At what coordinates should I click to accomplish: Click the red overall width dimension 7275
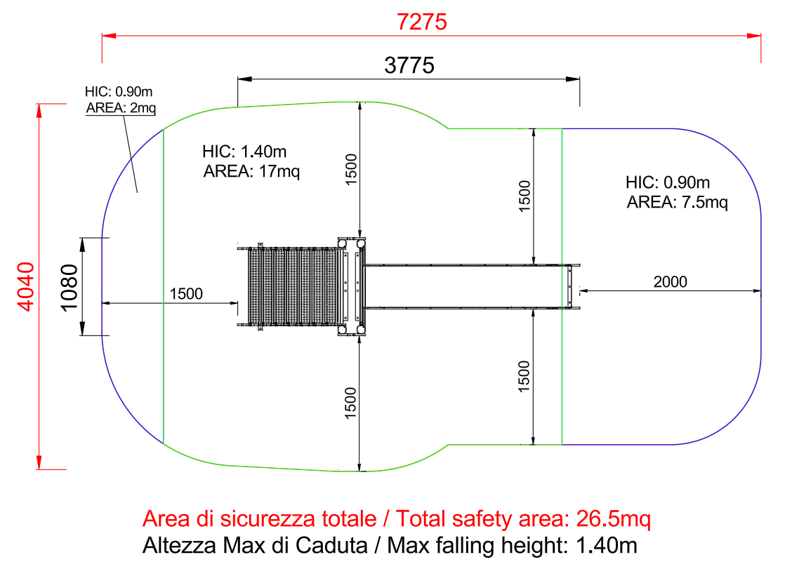click(x=421, y=22)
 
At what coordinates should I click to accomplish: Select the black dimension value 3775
click(x=409, y=65)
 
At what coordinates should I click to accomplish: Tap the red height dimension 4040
click(x=26, y=286)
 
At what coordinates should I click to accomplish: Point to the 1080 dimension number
click(x=69, y=287)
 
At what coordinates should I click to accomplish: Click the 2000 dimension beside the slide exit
click(x=670, y=282)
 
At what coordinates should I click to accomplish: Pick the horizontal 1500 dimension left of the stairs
click(x=186, y=294)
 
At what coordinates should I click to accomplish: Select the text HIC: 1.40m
click(x=244, y=151)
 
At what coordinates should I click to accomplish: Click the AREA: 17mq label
click(x=251, y=171)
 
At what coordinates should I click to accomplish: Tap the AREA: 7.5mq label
click(x=677, y=202)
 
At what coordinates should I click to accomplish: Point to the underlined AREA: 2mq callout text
click(x=121, y=107)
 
